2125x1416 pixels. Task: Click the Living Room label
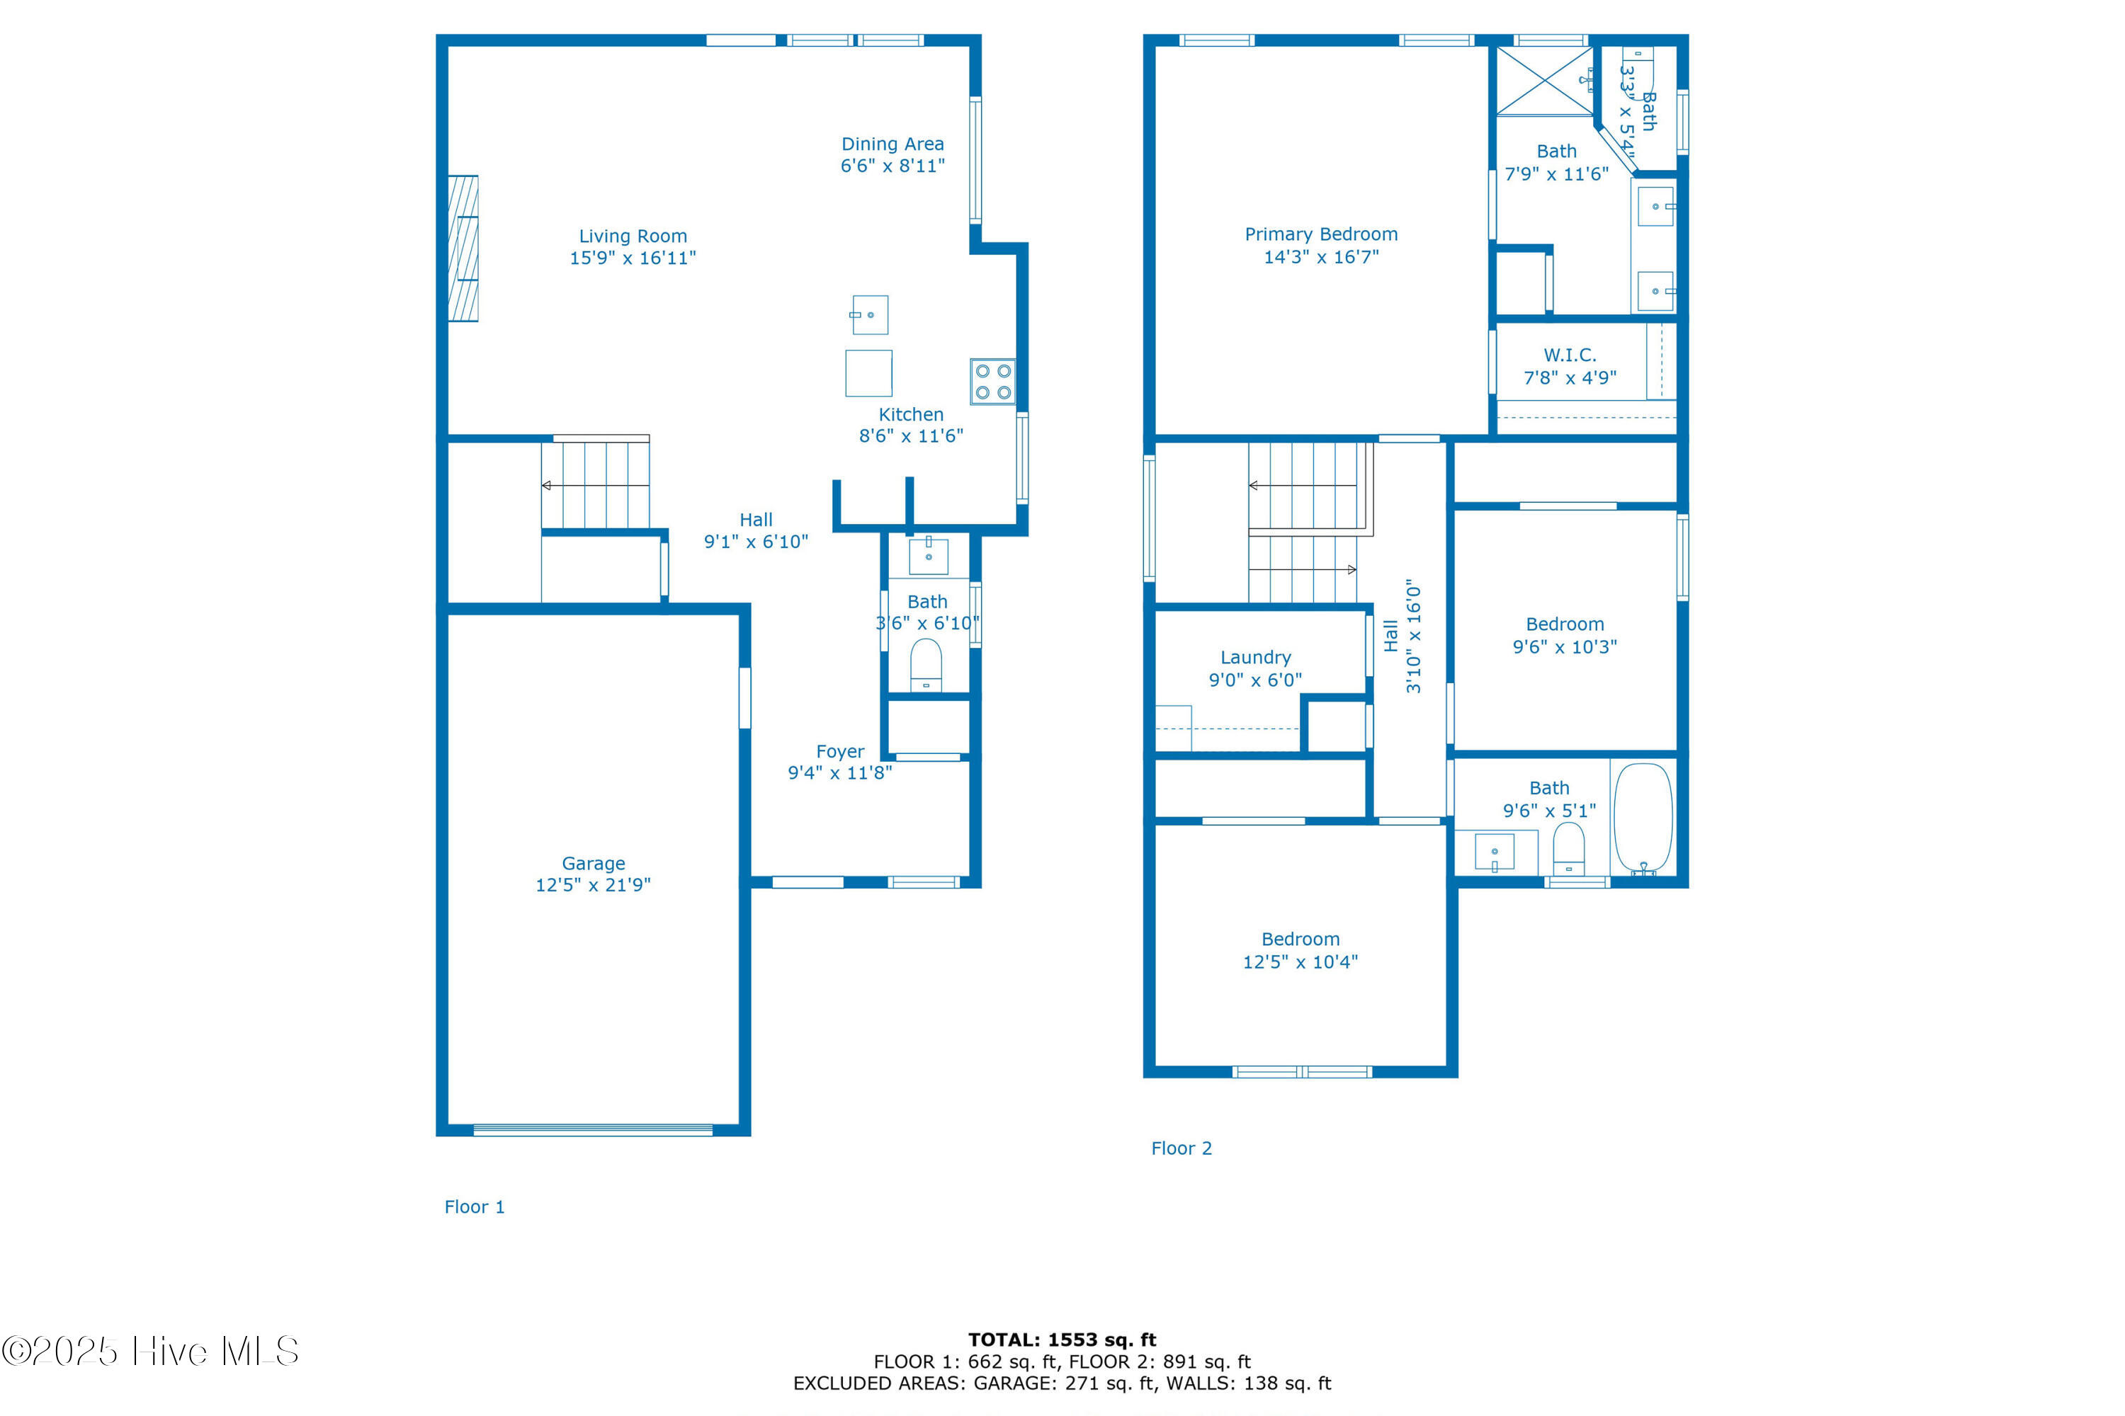(633, 236)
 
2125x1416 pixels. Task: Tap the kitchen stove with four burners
(993, 381)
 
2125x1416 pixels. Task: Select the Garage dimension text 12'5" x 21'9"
(593, 885)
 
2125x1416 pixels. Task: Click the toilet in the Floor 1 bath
(926, 666)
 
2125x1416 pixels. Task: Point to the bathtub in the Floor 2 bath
(1643, 819)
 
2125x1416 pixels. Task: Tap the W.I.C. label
(1570, 355)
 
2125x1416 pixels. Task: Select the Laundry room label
(1256, 658)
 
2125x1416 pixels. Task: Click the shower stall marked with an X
(1545, 81)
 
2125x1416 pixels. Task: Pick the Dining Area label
(892, 144)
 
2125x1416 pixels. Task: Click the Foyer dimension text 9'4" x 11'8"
(840, 773)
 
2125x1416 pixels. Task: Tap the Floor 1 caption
(475, 1207)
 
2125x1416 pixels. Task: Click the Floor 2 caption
(1181, 1148)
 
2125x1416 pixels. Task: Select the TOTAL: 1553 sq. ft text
(1062, 1340)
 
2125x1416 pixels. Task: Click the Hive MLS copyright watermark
(150, 1352)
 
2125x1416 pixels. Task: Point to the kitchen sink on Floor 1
(869, 315)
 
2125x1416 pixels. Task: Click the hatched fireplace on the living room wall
(463, 249)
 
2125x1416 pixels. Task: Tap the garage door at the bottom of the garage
(593, 1130)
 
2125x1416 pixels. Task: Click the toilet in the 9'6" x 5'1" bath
(1568, 848)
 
